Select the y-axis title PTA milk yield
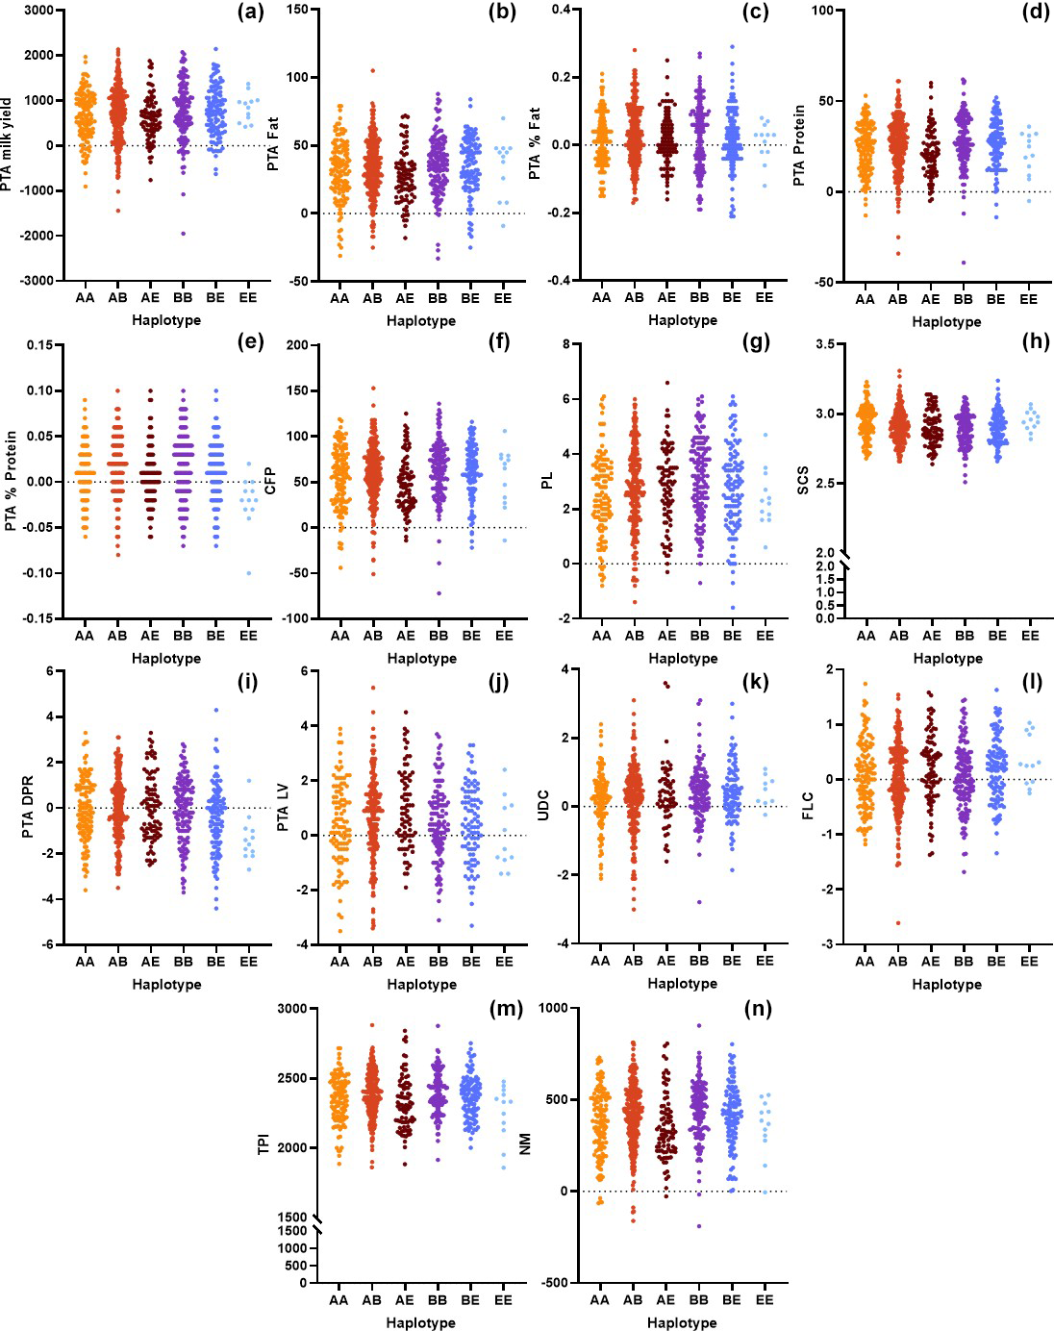coord(8,144)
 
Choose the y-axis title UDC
coord(542,806)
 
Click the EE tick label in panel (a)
coord(248,297)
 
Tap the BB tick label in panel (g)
coord(699,635)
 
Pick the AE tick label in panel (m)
coord(404,1300)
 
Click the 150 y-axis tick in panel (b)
coord(297,10)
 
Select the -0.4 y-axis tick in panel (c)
coord(560,281)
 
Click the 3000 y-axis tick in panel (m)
coord(291,1009)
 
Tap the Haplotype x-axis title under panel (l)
coord(946,984)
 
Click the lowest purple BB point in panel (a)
coord(183,234)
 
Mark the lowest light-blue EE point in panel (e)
coord(248,573)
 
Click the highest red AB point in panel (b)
coord(372,70)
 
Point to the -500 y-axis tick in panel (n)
coord(553,1283)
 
